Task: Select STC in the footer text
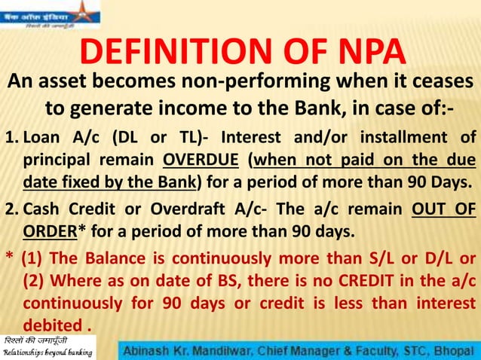[404, 349]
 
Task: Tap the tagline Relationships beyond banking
[48, 352]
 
